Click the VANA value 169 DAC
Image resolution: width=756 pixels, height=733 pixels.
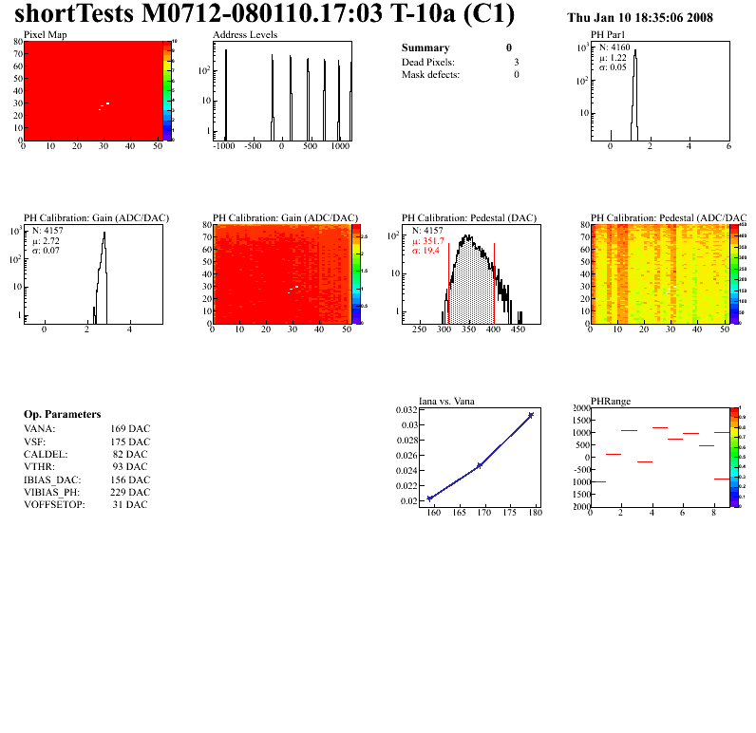[130, 428]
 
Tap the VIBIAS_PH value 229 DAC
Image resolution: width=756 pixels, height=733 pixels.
[130, 492]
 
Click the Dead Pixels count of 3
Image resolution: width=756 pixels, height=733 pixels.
[516, 62]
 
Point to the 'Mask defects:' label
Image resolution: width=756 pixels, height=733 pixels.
[430, 74]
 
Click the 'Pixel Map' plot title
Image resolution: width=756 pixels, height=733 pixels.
[46, 34]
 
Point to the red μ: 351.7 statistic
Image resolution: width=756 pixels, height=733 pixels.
[428, 240]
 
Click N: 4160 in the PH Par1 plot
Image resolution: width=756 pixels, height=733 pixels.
[615, 47]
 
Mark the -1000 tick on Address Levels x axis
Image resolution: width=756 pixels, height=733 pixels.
[224, 147]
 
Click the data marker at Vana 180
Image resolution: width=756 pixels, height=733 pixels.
[531, 415]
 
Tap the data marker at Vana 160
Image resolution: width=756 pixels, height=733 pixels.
[430, 498]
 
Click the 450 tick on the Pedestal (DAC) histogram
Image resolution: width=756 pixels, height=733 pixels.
[518, 330]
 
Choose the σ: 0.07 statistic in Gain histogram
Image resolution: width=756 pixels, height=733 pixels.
[46, 250]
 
